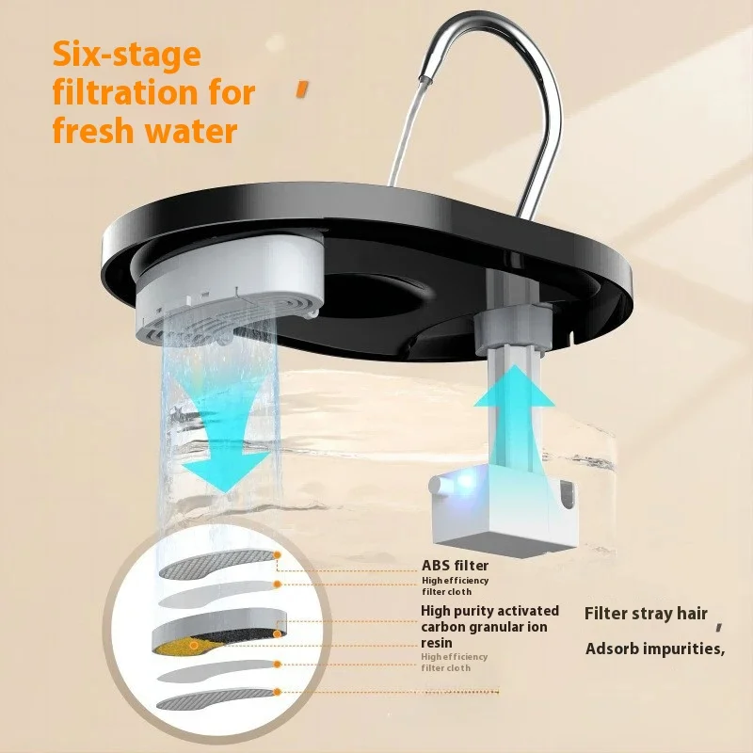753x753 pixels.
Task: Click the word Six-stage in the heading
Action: pyautogui.click(x=126, y=55)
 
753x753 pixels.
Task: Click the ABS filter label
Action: pyautogui.click(x=455, y=566)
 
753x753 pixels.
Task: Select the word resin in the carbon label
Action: pyautogui.click(x=437, y=643)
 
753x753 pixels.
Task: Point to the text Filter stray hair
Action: pyautogui.click(x=646, y=614)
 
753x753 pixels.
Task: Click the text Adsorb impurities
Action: pyautogui.click(x=654, y=649)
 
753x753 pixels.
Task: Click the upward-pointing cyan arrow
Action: pyautogui.click(x=514, y=414)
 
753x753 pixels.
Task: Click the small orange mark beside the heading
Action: pyautogui.click(x=301, y=89)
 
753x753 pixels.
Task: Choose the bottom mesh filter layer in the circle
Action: pyautogui.click(x=217, y=698)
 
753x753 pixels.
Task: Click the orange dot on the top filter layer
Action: pyautogui.click(x=277, y=555)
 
